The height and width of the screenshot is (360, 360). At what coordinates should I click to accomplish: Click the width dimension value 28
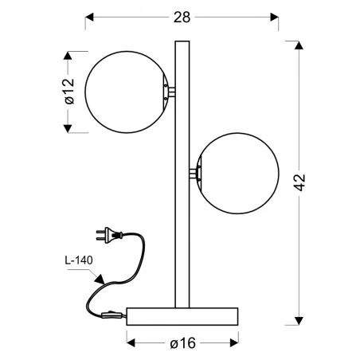click(x=182, y=18)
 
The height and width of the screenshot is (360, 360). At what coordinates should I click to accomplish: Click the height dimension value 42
click(x=299, y=182)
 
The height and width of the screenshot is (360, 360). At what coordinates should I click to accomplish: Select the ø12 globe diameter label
click(x=69, y=92)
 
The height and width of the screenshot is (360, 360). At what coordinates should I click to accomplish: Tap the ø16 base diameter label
click(x=183, y=343)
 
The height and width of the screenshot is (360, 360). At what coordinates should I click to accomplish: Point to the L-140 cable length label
click(x=79, y=260)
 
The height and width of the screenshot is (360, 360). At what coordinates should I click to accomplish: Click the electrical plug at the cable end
click(x=109, y=235)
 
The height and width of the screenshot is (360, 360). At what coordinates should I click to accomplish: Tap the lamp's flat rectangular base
click(x=182, y=316)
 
